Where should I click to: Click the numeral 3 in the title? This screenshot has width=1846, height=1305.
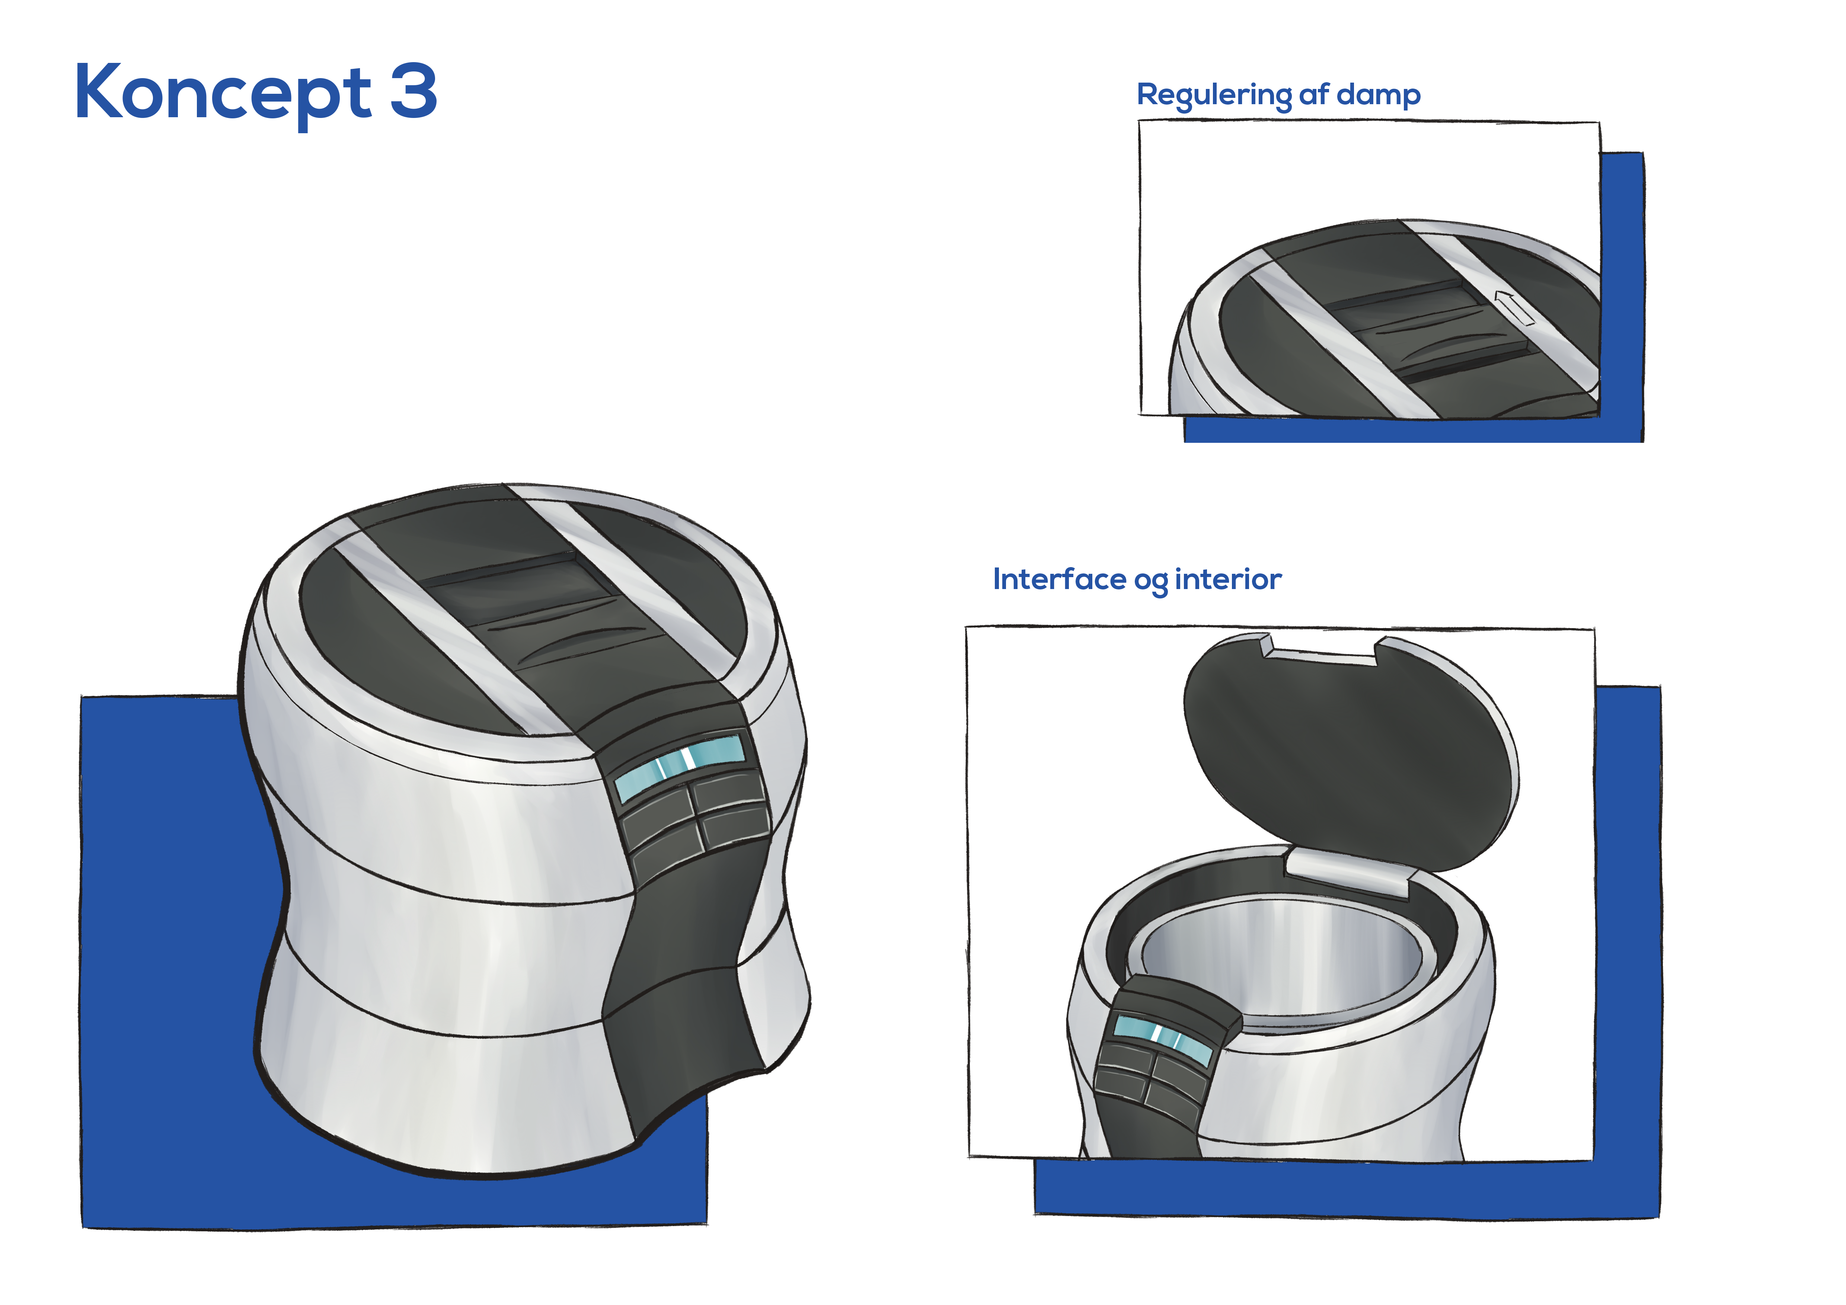pos(414,91)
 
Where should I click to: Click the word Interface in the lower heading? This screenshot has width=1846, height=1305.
pos(1060,579)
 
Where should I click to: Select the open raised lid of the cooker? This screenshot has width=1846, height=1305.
pos(1351,752)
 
